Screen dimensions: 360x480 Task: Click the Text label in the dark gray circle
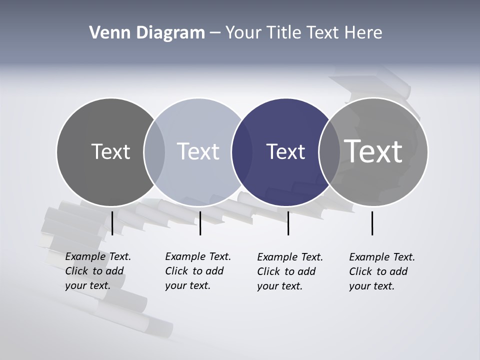tap(110, 151)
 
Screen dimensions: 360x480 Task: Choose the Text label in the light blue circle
tap(198, 151)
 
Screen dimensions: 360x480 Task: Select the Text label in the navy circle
tap(285, 151)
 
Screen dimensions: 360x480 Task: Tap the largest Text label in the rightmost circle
tap(373, 151)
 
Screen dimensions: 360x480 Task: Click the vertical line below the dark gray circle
tap(112, 223)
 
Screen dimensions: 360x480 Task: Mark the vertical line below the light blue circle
tap(200, 223)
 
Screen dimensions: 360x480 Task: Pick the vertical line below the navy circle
tap(288, 223)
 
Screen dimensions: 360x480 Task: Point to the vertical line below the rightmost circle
tap(372, 223)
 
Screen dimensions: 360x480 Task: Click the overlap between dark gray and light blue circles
tap(154, 151)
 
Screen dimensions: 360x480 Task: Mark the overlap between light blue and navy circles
tap(242, 151)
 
